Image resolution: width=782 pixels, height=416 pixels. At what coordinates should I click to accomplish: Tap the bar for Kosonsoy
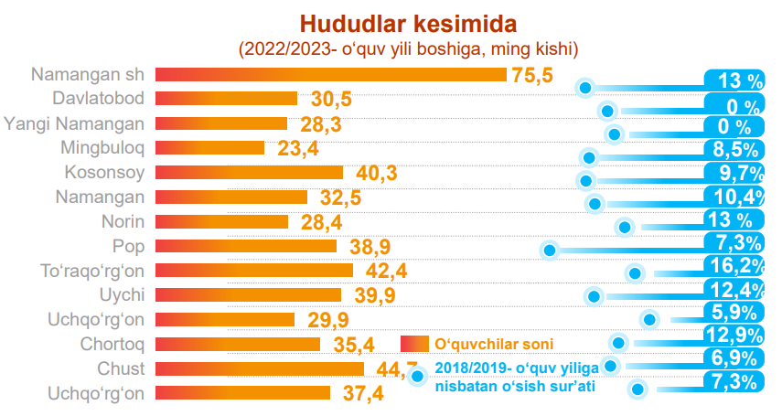click(249, 172)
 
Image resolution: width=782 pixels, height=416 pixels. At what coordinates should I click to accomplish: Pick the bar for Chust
click(260, 368)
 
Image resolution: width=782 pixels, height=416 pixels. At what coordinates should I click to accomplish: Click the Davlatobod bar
click(226, 98)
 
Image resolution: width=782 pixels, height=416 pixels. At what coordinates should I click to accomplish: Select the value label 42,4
click(386, 271)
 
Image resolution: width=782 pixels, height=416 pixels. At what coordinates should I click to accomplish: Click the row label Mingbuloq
click(102, 147)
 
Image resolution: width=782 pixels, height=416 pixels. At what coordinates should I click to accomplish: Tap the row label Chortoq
click(114, 344)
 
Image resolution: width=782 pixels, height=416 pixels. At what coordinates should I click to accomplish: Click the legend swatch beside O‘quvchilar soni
click(414, 344)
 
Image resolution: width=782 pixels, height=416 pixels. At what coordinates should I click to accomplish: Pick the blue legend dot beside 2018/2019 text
click(418, 375)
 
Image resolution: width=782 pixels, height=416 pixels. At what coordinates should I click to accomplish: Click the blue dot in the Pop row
click(550, 250)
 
